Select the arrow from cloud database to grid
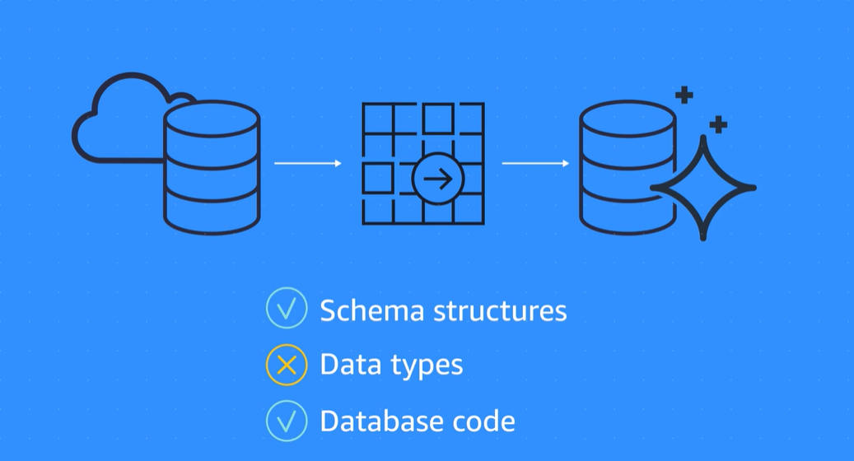click(307, 164)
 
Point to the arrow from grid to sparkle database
click(535, 163)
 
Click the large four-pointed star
click(703, 189)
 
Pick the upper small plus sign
click(684, 95)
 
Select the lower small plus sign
click(718, 124)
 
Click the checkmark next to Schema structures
click(287, 310)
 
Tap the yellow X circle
click(287, 366)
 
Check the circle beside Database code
click(287, 421)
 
